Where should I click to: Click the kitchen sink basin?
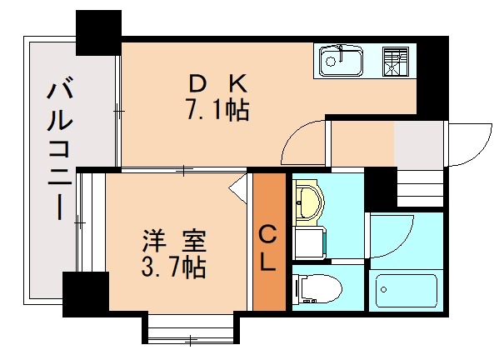tap(339, 61)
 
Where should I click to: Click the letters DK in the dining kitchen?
tap(216, 83)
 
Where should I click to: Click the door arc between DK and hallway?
tap(302, 143)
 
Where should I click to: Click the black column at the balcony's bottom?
tap(85, 293)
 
